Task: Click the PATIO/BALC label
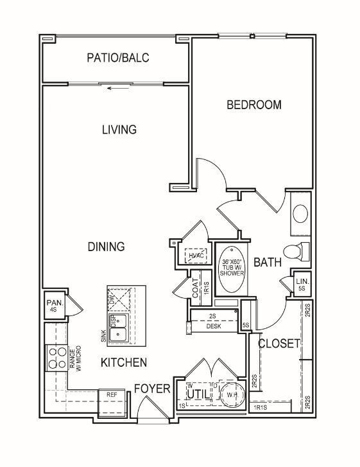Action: pos(117,58)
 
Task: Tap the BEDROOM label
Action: pos(254,105)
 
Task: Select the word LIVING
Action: pos(119,130)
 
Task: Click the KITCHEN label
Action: pos(124,363)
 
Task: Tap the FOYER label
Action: pos(152,389)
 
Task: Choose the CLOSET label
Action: pos(279,344)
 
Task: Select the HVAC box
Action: pos(194,256)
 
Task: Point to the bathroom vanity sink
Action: pos(300,213)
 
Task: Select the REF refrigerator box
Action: pos(111,395)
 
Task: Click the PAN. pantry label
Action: pos(53,306)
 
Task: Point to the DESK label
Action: pos(214,326)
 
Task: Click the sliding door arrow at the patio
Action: pos(116,89)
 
